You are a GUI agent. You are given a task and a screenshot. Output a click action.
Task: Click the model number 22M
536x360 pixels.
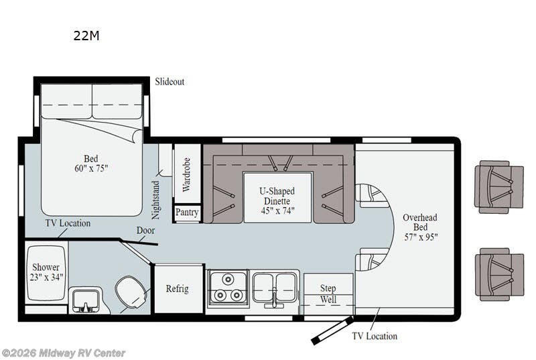tap(86, 36)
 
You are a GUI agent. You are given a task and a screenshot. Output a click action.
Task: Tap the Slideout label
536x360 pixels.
tap(170, 82)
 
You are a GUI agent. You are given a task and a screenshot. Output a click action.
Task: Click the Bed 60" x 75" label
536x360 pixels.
tap(90, 164)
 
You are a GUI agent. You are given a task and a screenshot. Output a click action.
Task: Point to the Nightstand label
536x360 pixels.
tap(157, 200)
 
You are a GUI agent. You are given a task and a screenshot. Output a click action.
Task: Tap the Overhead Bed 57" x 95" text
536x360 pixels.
tap(420, 227)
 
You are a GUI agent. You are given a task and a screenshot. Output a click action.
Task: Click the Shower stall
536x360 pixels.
tap(46, 272)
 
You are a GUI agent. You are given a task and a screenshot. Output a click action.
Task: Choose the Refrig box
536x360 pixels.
tap(178, 289)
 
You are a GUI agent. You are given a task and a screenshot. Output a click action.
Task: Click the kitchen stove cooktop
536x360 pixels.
tap(227, 288)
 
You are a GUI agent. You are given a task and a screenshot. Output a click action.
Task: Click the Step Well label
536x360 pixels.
tap(328, 294)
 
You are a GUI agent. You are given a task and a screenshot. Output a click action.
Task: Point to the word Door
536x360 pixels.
tap(145, 230)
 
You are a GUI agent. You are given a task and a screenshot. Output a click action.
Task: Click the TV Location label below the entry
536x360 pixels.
tap(375, 336)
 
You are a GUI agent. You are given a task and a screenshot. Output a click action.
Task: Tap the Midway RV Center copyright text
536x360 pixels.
tap(63, 353)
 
